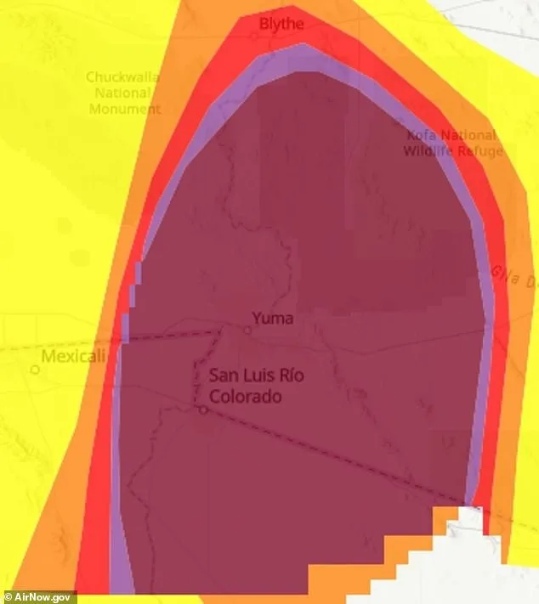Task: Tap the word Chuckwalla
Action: point(122,77)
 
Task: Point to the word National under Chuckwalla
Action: point(122,93)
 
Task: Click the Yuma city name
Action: point(272,319)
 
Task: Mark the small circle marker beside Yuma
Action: point(247,330)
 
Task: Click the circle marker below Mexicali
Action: point(35,370)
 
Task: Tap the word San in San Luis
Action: point(225,376)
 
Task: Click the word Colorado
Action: point(246,396)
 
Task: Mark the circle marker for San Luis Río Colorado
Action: point(204,409)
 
